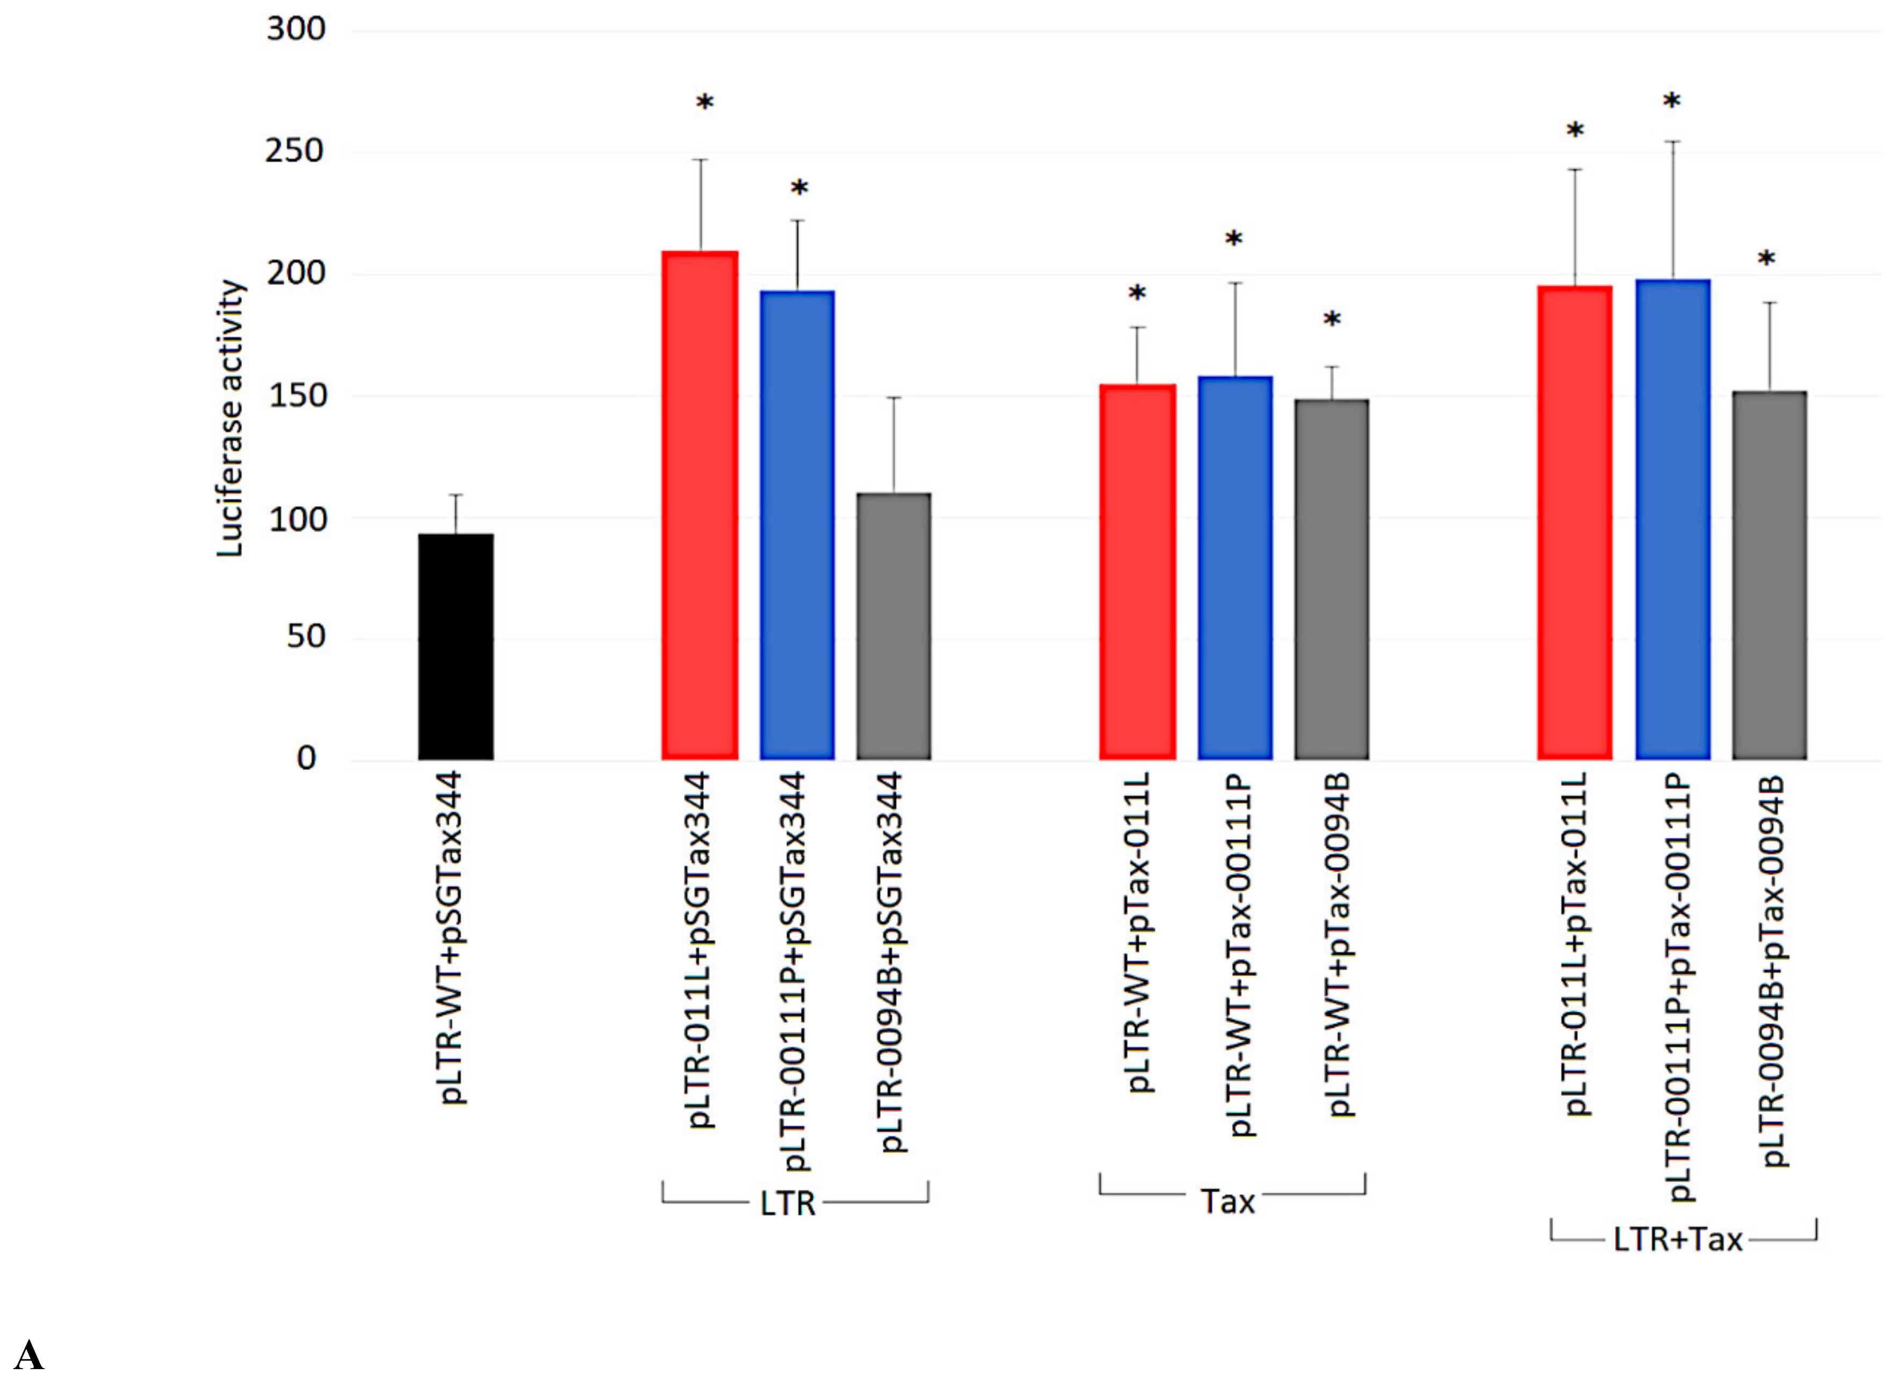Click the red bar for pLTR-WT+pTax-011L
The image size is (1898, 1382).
click(x=1138, y=572)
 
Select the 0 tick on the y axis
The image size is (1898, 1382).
click(x=306, y=759)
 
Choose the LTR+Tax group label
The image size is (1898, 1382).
click(x=1678, y=1239)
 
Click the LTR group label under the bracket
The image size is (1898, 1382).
click(x=787, y=1204)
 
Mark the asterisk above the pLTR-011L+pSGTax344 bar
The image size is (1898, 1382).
click(x=705, y=104)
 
